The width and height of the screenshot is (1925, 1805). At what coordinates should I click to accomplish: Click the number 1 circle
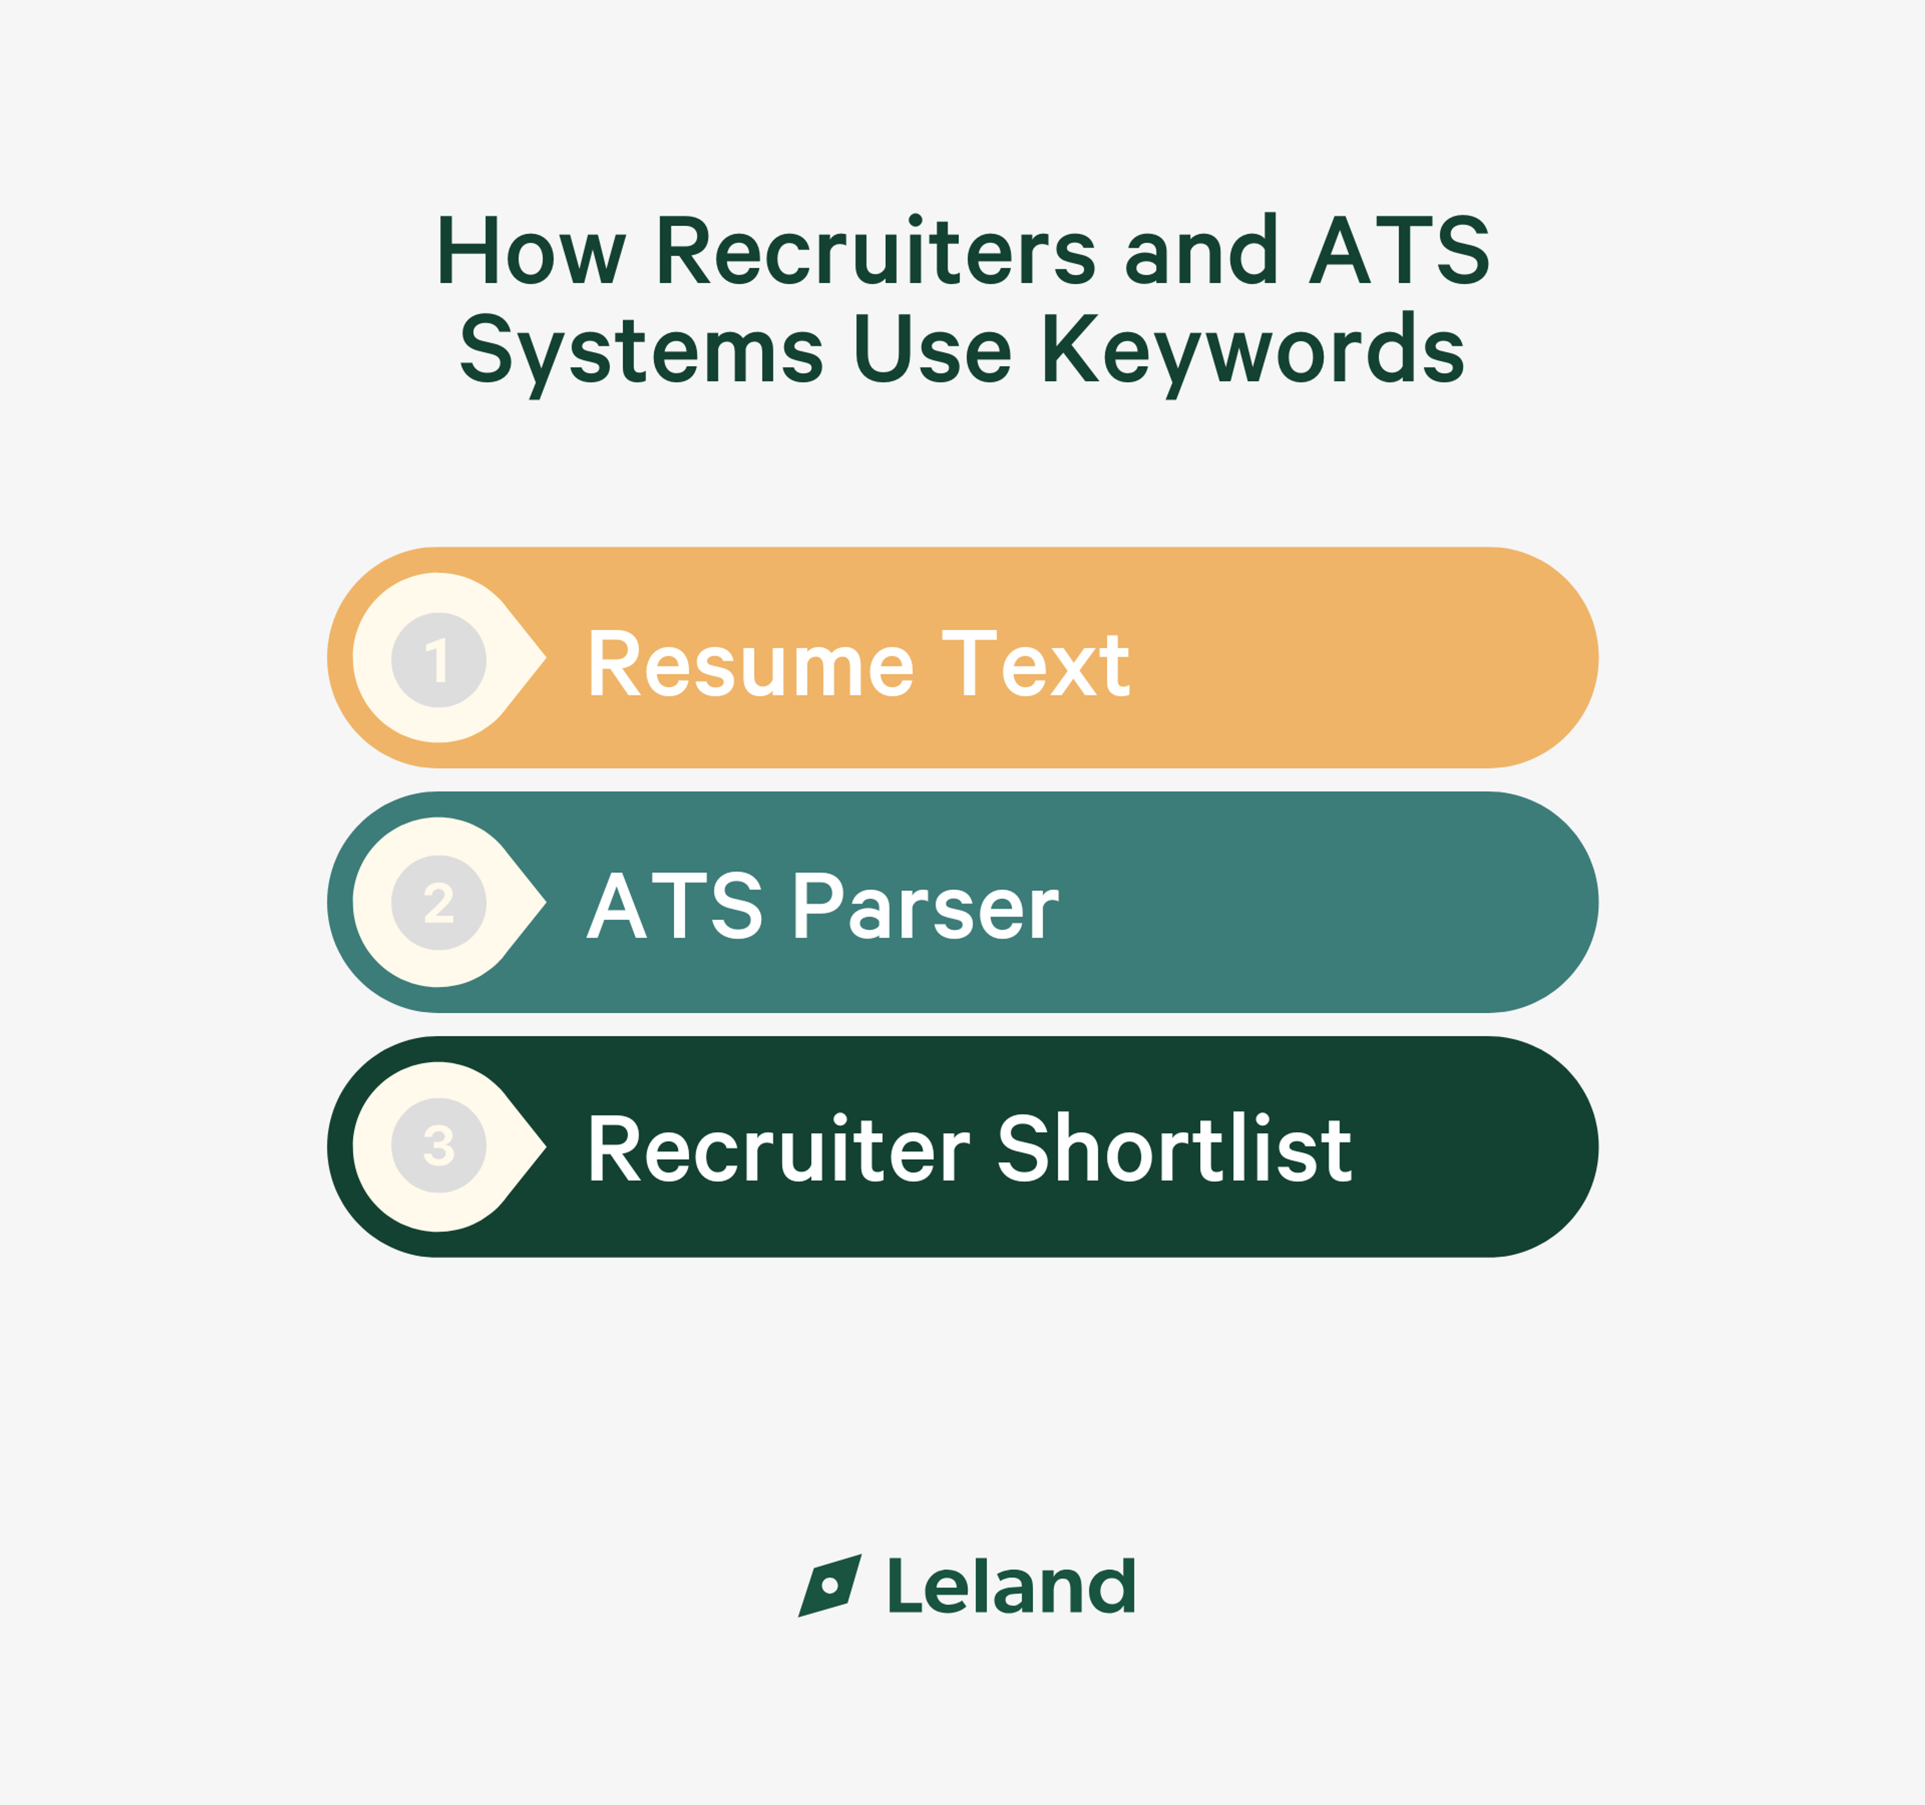(439, 659)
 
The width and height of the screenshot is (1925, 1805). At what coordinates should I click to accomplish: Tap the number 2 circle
(439, 902)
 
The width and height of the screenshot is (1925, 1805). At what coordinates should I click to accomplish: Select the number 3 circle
(439, 1146)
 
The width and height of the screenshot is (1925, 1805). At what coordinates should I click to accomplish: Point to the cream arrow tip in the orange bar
(545, 658)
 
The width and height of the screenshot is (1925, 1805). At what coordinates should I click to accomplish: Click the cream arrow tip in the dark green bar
(545, 1147)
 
